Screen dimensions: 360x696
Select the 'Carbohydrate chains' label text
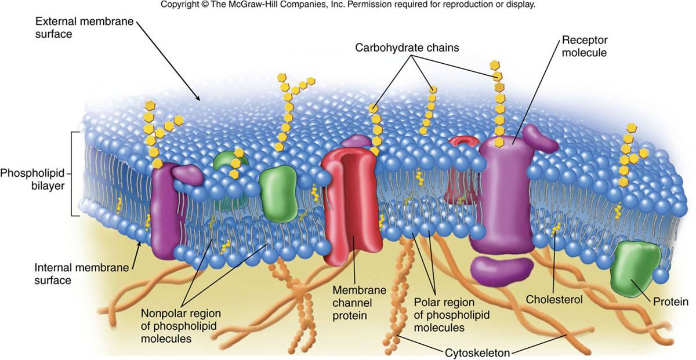tap(407, 48)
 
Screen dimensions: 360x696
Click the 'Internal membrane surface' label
tap(68, 274)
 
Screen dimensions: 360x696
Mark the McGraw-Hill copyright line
tap(347, 5)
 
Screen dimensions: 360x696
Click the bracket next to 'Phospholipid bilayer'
tap(74, 174)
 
